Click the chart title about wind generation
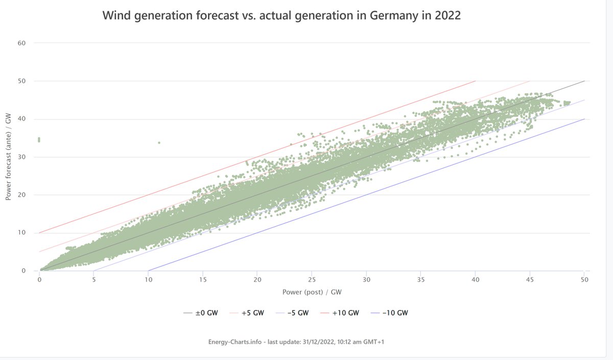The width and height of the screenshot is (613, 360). tap(281, 16)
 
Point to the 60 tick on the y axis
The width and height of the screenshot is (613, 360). tap(21, 43)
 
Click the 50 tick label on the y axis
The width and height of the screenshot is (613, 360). tap(21, 81)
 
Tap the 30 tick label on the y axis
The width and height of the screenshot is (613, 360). tap(21, 157)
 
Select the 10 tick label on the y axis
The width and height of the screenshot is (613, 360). tap(21, 233)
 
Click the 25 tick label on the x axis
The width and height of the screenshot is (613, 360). tap(312, 280)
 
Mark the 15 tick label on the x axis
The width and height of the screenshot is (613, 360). tap(203, 280)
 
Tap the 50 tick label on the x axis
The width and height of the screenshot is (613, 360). tap(584, 280)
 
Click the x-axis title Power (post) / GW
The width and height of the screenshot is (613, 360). tap(312, 292)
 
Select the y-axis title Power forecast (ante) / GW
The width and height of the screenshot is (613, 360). tap(8, 157)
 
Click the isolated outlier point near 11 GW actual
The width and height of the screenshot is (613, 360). tap(159, 142)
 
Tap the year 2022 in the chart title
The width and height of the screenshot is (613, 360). tap(447, 16)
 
